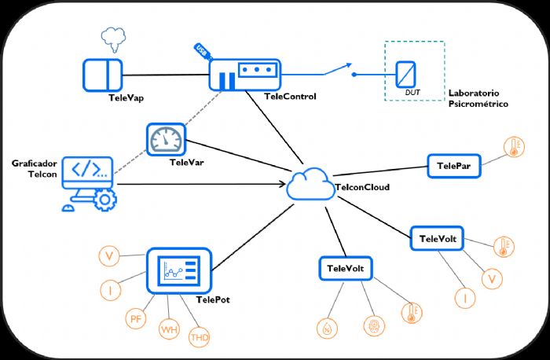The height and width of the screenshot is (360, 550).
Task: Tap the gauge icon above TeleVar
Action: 166,140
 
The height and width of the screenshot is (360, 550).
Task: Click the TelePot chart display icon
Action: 180,271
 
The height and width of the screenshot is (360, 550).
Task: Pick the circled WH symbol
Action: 169,328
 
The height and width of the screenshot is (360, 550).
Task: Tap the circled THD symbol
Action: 200,338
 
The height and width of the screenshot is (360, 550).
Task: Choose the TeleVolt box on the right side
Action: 438,238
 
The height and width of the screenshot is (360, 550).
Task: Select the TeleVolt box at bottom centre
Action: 345,268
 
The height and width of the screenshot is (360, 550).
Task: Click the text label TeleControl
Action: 291,97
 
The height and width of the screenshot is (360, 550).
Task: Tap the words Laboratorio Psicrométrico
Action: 478,97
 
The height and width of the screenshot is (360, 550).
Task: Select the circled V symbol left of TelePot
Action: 112,256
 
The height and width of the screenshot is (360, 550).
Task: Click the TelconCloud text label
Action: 362,188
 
